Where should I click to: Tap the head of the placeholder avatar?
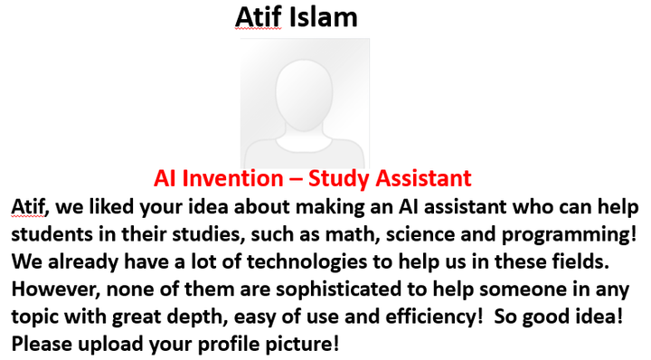coord(304,96)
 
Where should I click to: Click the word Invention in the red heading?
coord(232,178)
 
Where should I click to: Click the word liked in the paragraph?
coord(111,207)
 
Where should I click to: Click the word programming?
coord(566,235)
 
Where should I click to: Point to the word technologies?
coord(307,262)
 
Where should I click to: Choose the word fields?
coord(580,261)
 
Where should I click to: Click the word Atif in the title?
coord(259,17)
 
